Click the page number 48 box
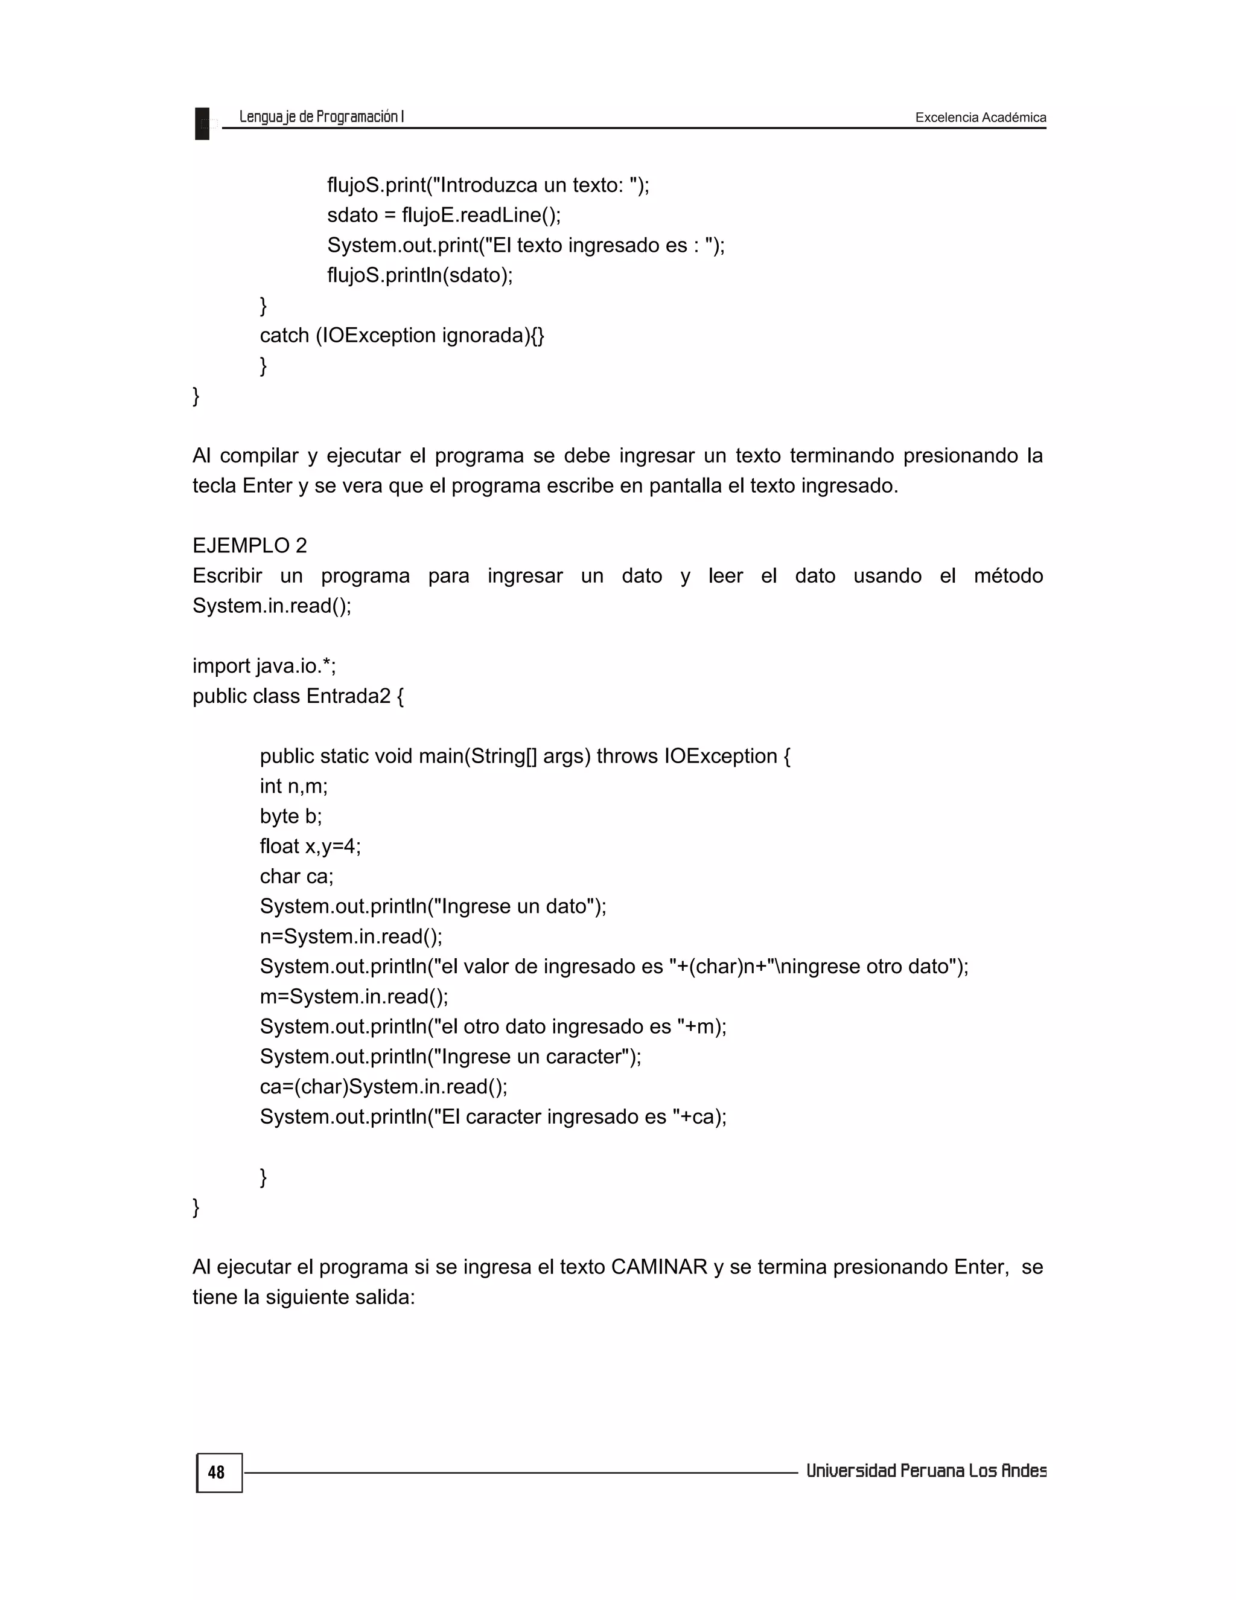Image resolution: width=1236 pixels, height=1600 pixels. tap(218, 1473)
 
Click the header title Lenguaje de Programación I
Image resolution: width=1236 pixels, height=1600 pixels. tap(322, 117)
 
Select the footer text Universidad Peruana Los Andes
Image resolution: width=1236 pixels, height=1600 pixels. tap(926, 1471)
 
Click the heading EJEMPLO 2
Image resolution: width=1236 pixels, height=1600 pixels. tap(250, 546)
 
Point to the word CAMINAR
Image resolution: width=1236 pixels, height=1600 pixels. tap(658, 1267)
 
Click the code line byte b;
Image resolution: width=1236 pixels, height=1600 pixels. tap(291, 816)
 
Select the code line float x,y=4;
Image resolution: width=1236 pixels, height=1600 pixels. tap(310, 846)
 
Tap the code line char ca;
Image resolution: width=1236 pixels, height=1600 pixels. tap(296, 876)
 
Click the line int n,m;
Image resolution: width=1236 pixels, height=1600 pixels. tap(294, 786)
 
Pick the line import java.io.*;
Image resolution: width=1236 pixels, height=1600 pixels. tap(264, 666)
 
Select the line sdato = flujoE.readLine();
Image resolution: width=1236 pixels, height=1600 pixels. tap(444, 216)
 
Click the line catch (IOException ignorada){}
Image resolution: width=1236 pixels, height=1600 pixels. tap(402, 336)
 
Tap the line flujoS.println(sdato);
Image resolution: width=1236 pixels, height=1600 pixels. tap(419, 275)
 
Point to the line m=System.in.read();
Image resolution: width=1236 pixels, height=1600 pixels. tap(354, 996)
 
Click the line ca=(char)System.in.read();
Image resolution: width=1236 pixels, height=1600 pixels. tap(383, 1086)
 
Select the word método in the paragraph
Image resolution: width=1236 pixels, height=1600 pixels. tap(1007, 576)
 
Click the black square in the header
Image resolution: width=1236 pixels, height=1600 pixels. tap(202, 123)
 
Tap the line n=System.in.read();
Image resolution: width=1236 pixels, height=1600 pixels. tap(351, 936)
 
